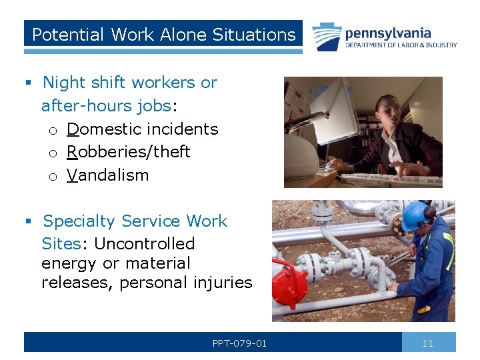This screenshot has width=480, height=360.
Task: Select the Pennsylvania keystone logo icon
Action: point(327,37)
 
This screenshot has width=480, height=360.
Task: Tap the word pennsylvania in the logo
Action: point(387,33)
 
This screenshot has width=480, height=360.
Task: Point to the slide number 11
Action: point(428,343)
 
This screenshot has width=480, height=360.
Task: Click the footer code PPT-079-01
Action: point(239,343)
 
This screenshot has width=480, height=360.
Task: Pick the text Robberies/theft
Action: point(129,152)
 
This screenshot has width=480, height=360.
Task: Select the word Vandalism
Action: point(107,175)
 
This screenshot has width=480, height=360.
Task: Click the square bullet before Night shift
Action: point(28,83)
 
